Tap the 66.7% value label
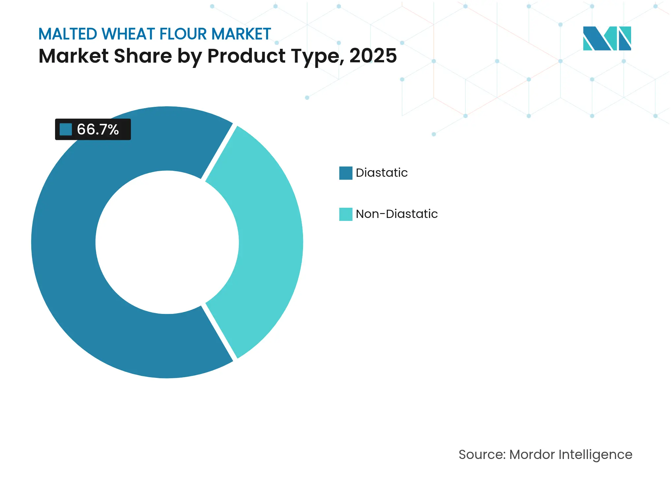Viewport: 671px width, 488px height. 98,130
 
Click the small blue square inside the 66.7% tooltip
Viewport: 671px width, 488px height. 66,129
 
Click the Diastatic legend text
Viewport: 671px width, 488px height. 381,173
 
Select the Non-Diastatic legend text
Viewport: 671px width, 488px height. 397,214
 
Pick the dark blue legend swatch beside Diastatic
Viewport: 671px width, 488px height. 346,173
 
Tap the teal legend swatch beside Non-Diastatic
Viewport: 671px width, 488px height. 346,214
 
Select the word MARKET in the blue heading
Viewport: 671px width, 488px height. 241,34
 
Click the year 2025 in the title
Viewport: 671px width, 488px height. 373,56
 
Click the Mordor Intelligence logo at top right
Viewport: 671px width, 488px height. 607,39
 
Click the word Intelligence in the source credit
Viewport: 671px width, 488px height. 595,455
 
